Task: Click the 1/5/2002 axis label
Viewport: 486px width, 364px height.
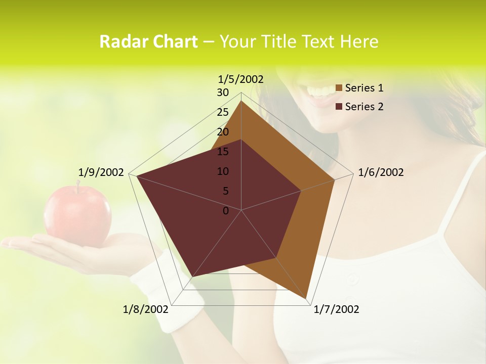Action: tap(240, 79)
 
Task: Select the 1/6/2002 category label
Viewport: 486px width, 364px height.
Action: tap(381, 172)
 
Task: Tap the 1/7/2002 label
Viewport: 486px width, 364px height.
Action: tap(336, 309)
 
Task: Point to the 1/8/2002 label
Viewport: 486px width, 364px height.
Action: tap(145, 309)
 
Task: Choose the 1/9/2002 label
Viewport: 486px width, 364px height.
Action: tap(101, 172)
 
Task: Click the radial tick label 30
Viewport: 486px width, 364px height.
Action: tap(223, 93)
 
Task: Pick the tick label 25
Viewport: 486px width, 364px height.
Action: tap(223, 112)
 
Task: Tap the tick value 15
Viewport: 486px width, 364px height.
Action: tap(223, 152)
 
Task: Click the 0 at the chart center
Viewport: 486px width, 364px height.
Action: tap(226, 211)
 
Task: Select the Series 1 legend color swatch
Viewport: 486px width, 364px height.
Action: tap(339, 88)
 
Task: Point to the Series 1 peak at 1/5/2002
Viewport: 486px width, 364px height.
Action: tap(241, 101)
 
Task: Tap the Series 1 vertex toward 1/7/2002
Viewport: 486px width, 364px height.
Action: tap(307, 298)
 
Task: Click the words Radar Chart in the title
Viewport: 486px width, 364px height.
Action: tap(148, 41)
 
